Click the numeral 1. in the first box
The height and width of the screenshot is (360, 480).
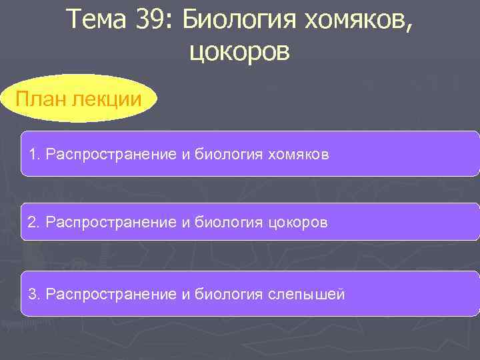click(33, 155)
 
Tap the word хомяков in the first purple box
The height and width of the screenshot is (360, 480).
click(299, 155)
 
